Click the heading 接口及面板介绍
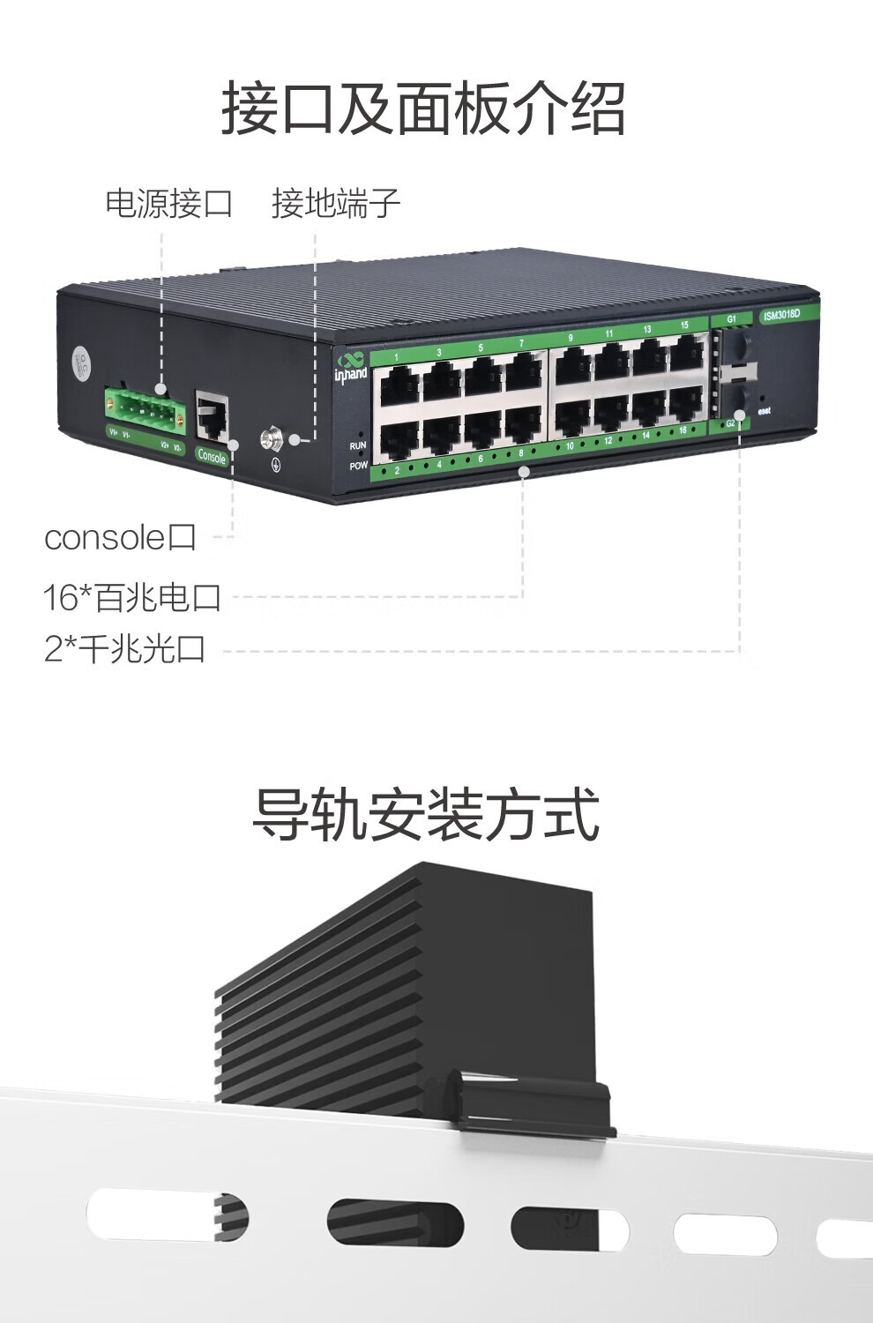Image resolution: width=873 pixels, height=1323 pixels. coord(423,108)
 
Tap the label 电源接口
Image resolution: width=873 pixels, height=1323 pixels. coord(168,204)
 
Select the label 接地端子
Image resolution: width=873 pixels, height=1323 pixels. coord(336,204)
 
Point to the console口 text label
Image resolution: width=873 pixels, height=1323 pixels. coord(120,537)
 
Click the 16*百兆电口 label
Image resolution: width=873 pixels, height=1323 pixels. coord(132,597)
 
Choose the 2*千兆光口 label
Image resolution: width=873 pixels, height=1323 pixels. coord(125,649)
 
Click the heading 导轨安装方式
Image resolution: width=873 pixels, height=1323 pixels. coord(426,814)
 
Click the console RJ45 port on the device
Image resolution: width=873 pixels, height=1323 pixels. coord(212,417)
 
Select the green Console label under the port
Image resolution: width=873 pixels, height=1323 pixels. coord(212,456)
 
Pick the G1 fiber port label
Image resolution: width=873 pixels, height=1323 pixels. coord(731,318)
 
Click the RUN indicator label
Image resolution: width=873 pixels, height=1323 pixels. coord(357,446)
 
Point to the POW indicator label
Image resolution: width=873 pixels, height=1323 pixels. coord(358,465)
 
